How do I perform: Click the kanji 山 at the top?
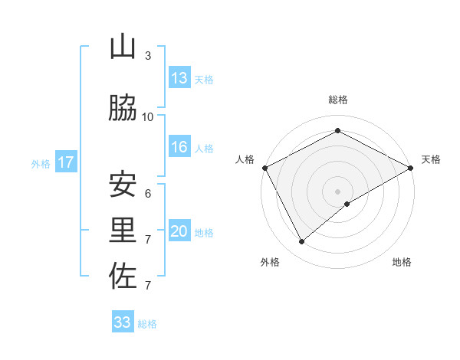click(123, 47)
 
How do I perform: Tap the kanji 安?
click(123, 185)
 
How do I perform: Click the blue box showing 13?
click(179, 78)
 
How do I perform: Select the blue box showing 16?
click(179, 147)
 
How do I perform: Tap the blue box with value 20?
click(179, 231)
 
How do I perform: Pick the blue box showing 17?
click(65, 162)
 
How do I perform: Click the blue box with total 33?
click(123, 322)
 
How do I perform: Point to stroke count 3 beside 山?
click(148, 56)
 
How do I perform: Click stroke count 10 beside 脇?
click(148, 117)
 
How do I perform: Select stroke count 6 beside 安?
click(148, 194)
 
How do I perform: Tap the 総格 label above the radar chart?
click(338, 100)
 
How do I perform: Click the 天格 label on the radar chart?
click(431, 159)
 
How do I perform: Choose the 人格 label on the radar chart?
click(245, 159)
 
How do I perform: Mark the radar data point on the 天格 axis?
click(411, 168)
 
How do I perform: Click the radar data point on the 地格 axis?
click(347, 204)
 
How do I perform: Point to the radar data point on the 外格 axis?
click(302, 241)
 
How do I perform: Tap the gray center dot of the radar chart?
click(338, 191)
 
